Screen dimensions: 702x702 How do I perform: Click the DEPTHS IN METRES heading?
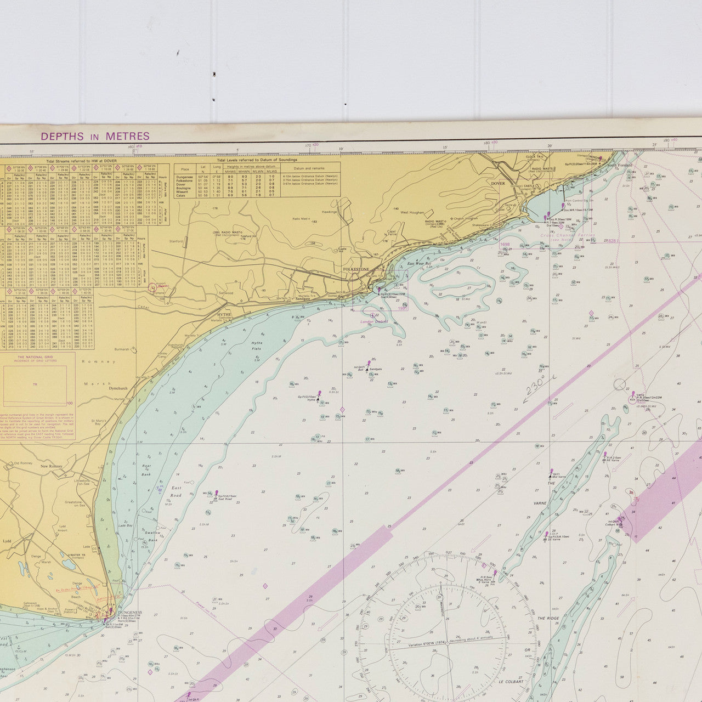pyautogui.click(x=94, y=137)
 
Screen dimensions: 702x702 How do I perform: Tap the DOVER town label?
pyautogui.click(x=497, y=183)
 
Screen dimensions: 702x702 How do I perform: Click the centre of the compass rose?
pyautogui.click(x=447, y=643)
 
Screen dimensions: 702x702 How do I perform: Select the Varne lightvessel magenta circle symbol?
pyautogui.click(x=620, y=384)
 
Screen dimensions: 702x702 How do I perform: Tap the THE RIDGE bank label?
pyautogui.click(x=548, y=618)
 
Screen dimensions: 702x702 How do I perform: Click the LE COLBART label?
pyautogui.click(x=512, y=682)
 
